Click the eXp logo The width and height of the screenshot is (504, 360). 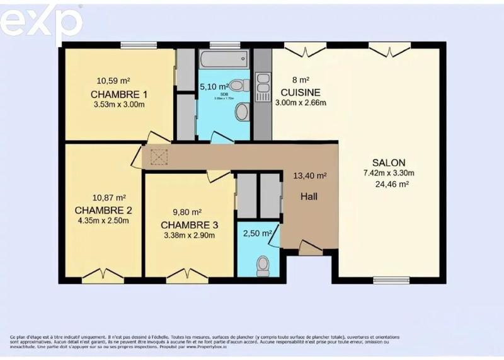coord(41,23)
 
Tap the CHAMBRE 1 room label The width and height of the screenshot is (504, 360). coord(119,95)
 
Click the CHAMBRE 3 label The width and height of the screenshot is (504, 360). coord(189,225)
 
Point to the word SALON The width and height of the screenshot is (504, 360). coord(388,161)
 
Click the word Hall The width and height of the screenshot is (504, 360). coord(309,196)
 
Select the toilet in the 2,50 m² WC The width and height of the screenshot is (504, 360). coord(263,265)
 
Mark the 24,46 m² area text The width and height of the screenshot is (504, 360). coord(392,184)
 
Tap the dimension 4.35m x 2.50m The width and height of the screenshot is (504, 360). coord(102,221)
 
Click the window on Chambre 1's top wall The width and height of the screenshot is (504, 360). coord(139,45)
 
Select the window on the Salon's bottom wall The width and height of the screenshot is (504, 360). coord(391,279)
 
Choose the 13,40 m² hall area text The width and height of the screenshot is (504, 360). coord(310,176)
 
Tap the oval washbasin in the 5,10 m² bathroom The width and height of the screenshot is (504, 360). coord(241,112)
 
